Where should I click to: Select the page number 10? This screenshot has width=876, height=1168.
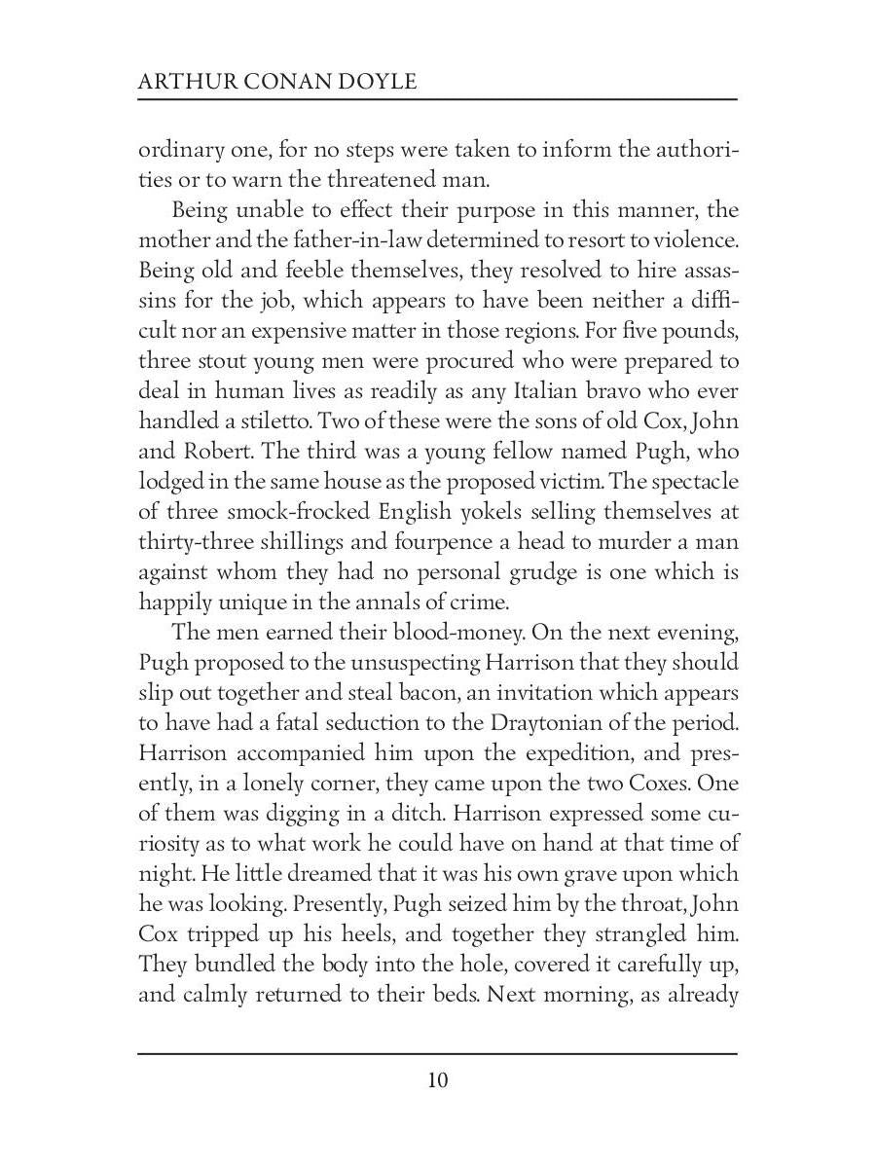(437, 1080)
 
